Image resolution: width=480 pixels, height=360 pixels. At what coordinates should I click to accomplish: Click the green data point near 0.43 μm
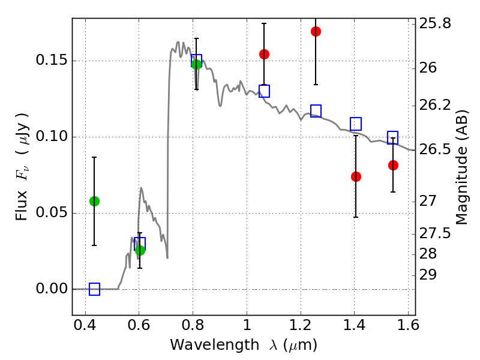tap(94, 201)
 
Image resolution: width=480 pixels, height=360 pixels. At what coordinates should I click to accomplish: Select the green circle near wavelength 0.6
tap(140, 250)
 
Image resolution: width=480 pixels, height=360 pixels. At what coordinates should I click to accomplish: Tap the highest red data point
tap(316, 31)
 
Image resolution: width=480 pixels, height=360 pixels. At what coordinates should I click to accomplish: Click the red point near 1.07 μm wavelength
tap(264, 54)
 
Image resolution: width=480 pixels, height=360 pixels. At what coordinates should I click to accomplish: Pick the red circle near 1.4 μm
tap(356, 176)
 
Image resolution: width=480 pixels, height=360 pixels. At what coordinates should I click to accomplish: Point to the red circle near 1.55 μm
tap(393, 166)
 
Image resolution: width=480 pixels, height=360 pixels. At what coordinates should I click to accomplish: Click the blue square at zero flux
tap(94, 289)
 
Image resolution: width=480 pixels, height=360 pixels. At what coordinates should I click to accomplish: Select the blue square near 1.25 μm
tap(316, 111)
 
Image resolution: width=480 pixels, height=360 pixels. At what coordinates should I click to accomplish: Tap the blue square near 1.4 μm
tap(356, 124)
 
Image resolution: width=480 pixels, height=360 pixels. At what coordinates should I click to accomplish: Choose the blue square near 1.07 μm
tap(264, 91)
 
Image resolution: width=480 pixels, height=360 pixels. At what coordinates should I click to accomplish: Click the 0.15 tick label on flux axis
tap(51, 60)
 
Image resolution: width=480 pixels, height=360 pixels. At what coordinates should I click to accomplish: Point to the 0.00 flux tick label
tap(51, 289)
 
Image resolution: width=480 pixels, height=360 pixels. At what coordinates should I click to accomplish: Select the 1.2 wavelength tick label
tap(301, 325)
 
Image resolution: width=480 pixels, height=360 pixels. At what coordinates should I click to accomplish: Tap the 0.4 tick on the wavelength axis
tap(85, 325)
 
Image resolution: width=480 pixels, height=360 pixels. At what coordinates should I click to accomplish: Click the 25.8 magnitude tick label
tap(435, 23)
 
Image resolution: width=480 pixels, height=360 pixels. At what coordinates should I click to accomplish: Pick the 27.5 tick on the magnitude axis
tap(435, 233)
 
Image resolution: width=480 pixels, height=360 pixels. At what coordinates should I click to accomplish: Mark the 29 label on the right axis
tap(428, 275)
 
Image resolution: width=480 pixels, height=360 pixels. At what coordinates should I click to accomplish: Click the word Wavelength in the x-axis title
tap(215, 344)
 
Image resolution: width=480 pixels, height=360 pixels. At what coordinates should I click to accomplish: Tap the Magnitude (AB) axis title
tap(461, 167)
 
